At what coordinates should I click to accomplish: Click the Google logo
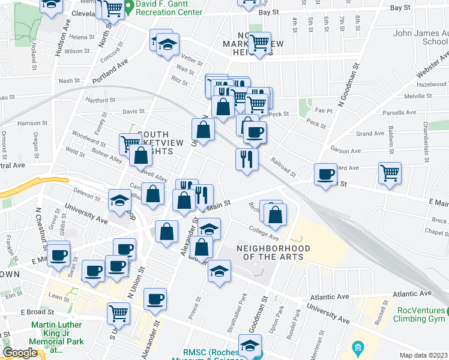pos(20,353)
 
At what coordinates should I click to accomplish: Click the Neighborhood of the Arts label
pos(273,253)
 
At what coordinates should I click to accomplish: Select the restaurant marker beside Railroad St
pos(246,159)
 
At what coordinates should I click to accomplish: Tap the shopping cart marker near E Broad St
pos(119,312)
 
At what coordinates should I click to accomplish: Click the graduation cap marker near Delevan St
pos(119,200)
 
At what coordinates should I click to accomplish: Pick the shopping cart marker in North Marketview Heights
pos(259,43)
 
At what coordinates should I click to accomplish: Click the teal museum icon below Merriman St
pos(358,347)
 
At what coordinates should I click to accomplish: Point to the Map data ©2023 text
pos(424,355)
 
